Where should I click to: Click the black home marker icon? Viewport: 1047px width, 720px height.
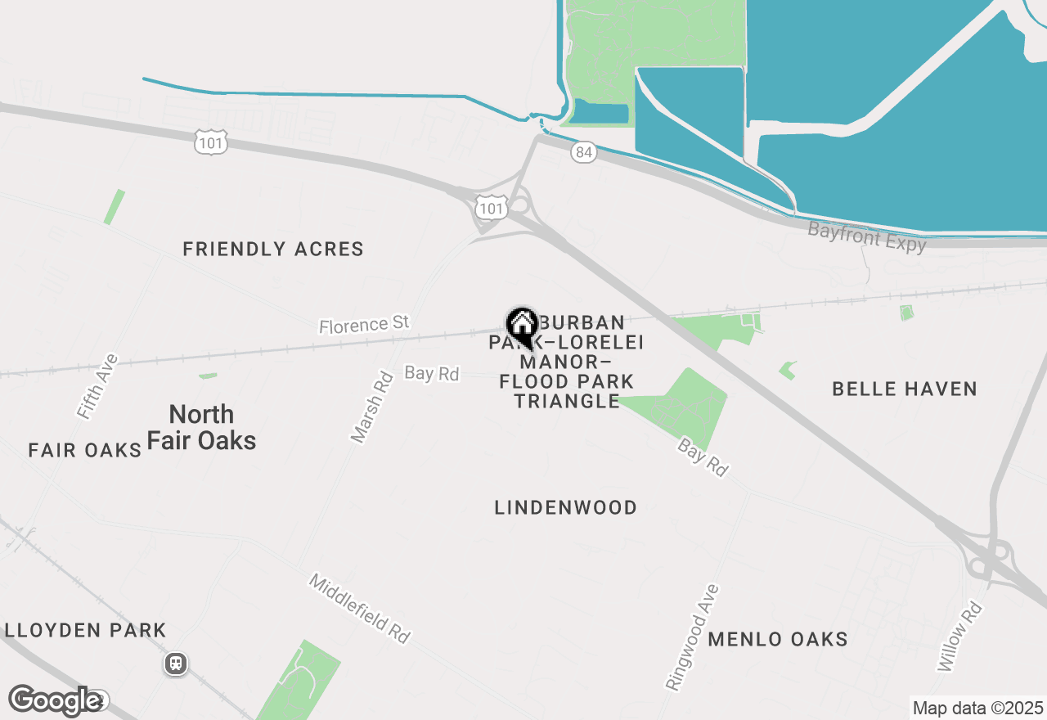click(522, 324)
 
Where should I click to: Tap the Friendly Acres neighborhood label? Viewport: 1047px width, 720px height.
click(273, 249)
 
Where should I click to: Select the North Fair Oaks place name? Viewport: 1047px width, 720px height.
click(201, 427)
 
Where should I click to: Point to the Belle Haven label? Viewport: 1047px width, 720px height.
click(905, 389)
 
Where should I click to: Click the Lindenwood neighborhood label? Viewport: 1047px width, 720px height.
click(566, 507)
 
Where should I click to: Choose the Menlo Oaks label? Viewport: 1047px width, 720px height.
click(778, 639)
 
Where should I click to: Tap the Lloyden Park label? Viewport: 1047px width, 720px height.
click(85, 631)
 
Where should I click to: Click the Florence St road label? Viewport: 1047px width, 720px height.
click(364, 324)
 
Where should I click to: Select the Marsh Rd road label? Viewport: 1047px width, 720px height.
click(372, 407)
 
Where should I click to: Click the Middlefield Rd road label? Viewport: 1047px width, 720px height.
click(359, 608)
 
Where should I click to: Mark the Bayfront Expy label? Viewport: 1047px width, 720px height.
click(867, 236)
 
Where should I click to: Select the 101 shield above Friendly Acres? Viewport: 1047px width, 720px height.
click(211, 143)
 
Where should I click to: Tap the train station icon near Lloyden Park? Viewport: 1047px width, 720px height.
click(175, 664)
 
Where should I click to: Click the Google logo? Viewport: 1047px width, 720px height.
click(56, 700)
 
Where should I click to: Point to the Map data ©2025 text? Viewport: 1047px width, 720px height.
click(978, 708)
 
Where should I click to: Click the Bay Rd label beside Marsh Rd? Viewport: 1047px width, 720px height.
click(432, 373)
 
